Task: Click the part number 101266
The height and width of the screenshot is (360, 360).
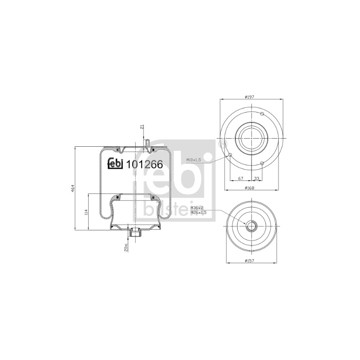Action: [x=145, y=164]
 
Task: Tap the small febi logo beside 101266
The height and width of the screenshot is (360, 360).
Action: [x=116, y=164]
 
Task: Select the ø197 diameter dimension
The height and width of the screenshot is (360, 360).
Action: [x=249, y=97]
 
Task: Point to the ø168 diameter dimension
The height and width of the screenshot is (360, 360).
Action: [x=250, y=188]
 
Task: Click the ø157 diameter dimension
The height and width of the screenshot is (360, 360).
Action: [x=249, y=261]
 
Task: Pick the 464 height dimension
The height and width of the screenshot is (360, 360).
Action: [x=73, y=188]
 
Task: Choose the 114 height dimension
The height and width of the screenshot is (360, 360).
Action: [x=86, y=212]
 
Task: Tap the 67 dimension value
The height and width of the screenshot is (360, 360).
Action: [x=240, y=178]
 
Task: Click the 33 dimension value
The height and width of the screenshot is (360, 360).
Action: [x=257, y=178]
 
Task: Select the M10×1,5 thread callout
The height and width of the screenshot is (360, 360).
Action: [x=193, y=160]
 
